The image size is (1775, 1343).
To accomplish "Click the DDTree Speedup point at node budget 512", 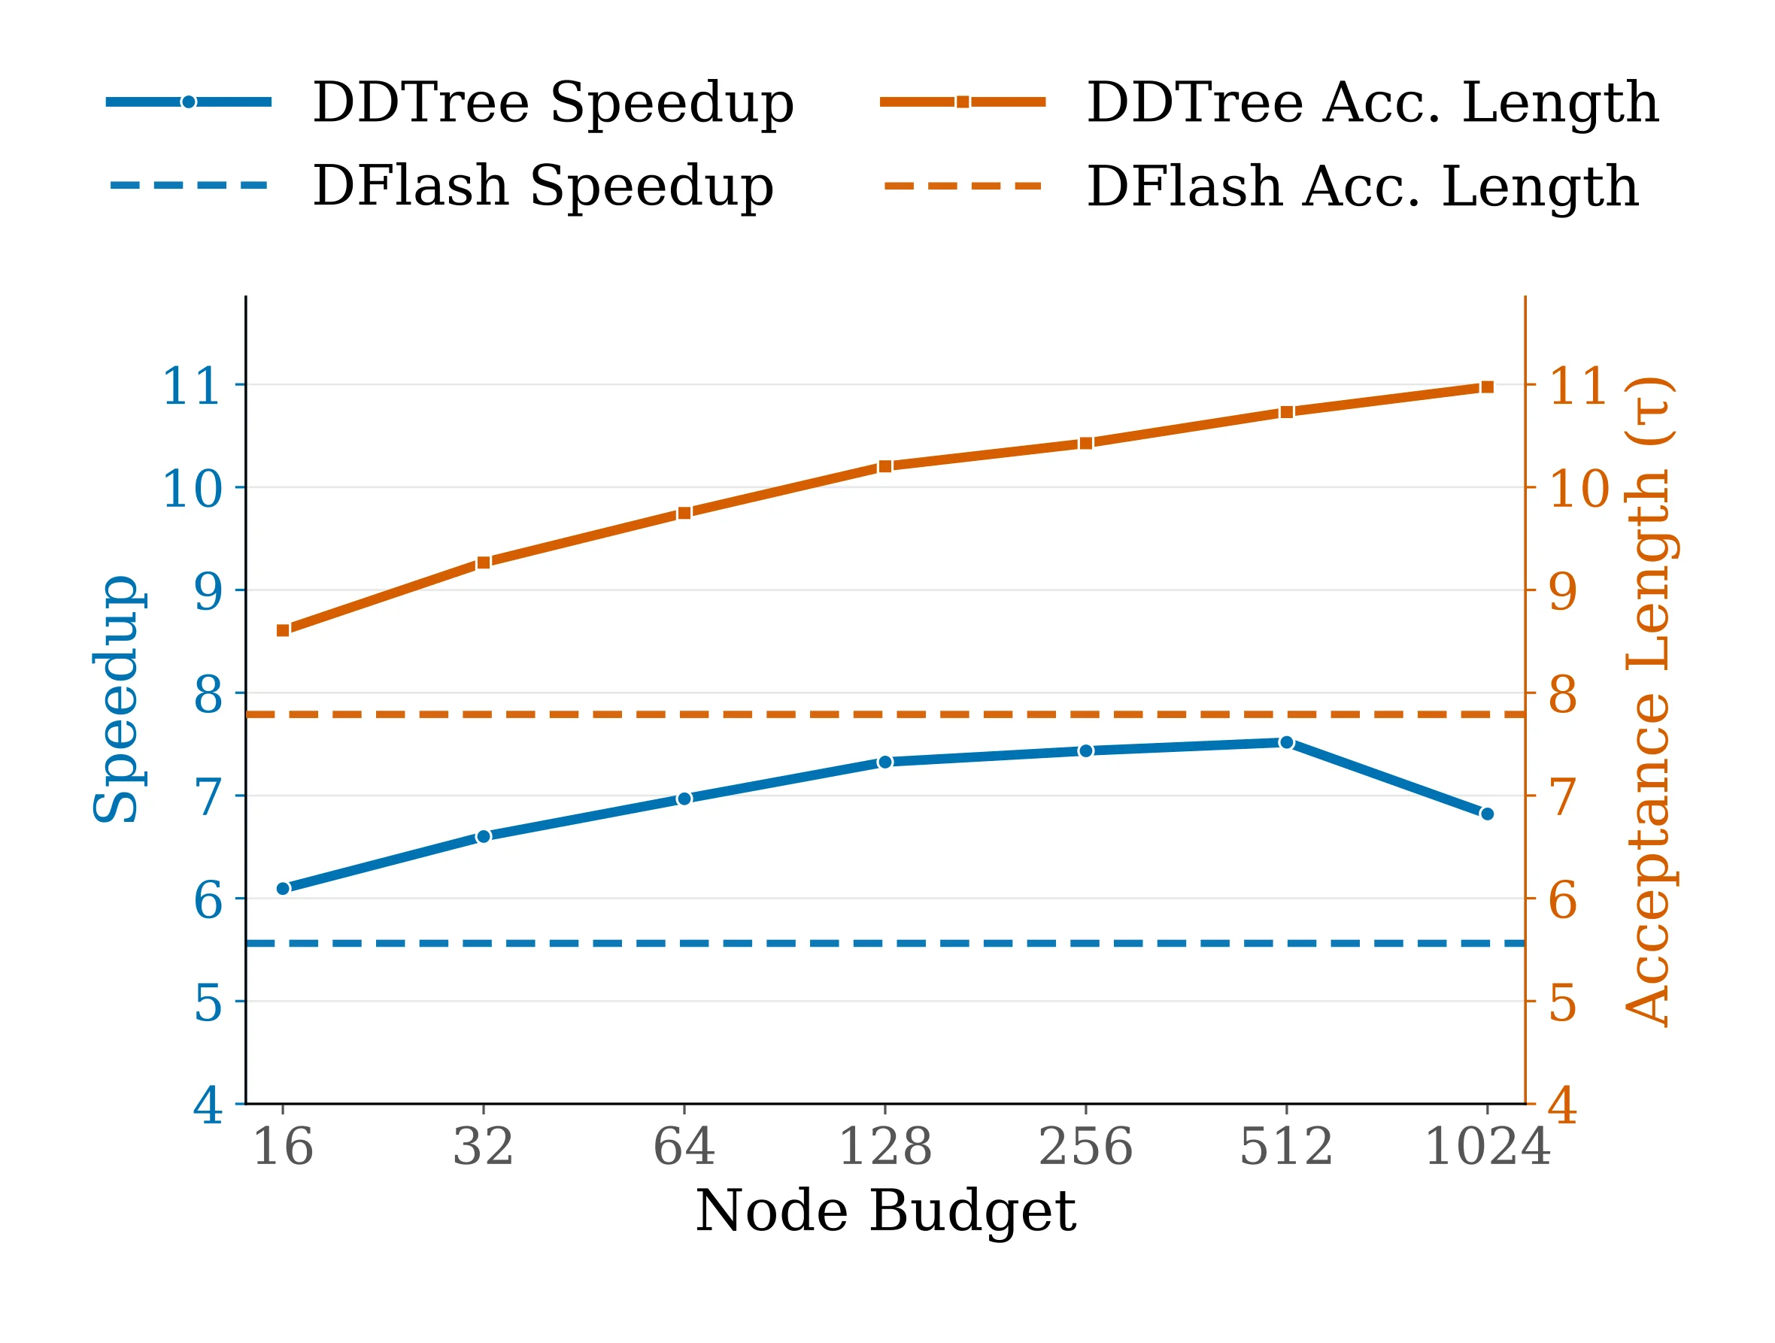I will [1286, 743].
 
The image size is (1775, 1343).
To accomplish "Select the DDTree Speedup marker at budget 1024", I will [1487, 814].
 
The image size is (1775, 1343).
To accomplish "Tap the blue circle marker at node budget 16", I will [283, 889].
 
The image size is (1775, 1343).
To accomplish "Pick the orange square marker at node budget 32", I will [483, 563].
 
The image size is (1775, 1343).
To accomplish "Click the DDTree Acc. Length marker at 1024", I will [1487, 387].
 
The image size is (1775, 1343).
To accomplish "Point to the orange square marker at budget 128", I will [885, 467].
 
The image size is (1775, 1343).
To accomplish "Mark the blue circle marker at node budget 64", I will [684, 799].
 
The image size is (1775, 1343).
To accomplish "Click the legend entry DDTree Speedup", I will [552, 103].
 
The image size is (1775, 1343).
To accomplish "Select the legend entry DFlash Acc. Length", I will [1362, 186].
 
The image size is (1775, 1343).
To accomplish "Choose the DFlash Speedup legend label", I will [542, 186].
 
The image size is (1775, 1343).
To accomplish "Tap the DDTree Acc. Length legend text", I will [1372, 103].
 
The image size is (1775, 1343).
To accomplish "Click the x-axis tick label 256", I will [1086, 1147].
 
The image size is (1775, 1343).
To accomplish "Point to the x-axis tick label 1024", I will [1487, 1147].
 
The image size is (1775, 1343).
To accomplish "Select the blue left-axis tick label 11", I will [191, 386].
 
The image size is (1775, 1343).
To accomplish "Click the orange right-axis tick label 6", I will [1562, 899].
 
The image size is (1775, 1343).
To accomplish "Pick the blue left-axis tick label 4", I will [207, 1105].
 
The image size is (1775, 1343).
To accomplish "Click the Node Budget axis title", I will [885, 1211].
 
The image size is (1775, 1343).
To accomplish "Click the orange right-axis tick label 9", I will [1562, 591].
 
